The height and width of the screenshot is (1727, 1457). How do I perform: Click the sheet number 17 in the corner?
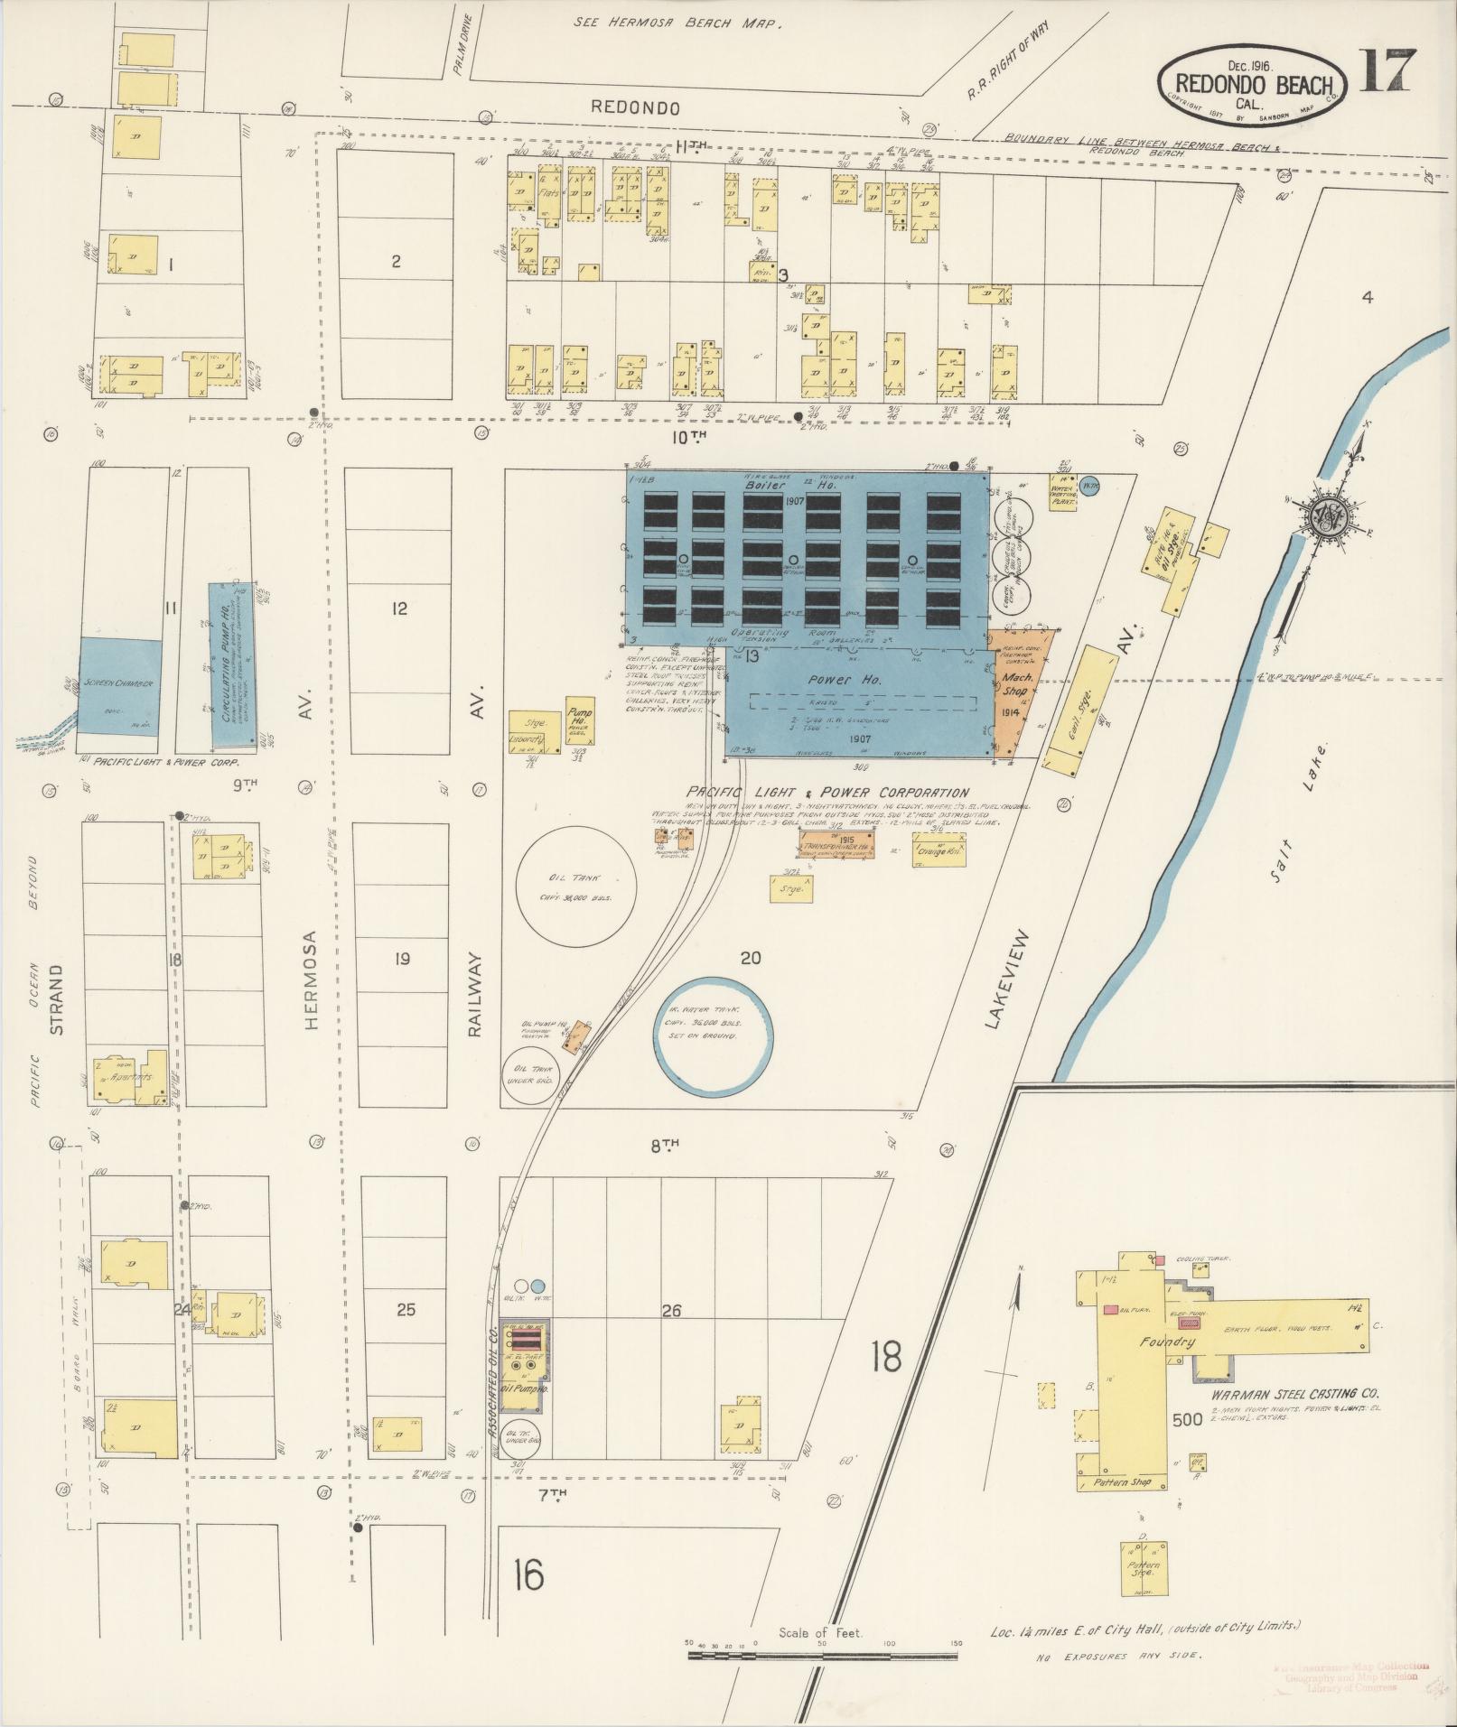(x=1382, y=71)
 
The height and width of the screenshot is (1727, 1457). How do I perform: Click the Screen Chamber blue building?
(x=121, y=683)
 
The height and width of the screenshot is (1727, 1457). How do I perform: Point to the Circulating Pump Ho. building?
(x=231, y=663)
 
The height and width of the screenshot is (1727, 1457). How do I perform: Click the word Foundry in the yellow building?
(x=1167, y=1342)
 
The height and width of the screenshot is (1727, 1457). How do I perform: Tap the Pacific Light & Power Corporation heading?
(x=827, y=792)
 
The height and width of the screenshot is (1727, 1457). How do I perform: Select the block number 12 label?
(x=399, y=608)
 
